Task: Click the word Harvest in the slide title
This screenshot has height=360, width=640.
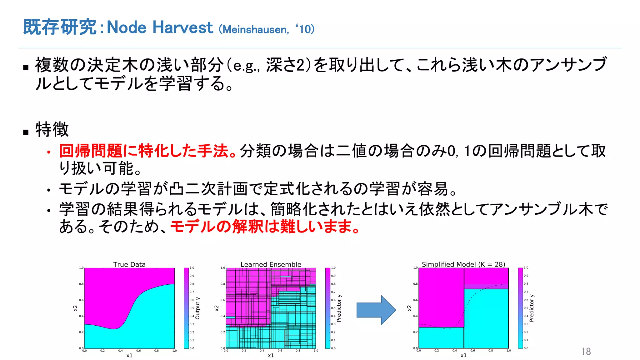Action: (x=182, y=27)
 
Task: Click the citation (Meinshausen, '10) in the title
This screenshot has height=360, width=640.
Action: (x=267, y=29)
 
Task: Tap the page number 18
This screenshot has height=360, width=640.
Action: (x=586, y=351)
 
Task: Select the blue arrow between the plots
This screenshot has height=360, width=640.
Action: (x=376, y=310)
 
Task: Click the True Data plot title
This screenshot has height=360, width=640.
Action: (x=129, y=264)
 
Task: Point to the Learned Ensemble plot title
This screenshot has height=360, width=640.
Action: (x=271, y=264)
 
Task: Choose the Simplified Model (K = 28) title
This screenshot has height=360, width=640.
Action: (x=463, y=264)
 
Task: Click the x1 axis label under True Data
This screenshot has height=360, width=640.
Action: (x=129, y=355)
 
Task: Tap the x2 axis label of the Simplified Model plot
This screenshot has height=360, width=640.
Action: (x=409, y=308)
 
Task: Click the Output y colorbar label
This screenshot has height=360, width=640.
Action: (x=197, y=308)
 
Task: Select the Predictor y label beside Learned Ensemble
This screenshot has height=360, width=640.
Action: (x=339, y=308)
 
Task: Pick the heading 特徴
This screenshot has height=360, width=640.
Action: (x=52, y=129)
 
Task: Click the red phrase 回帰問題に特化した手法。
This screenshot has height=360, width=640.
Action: (x=147, y=151)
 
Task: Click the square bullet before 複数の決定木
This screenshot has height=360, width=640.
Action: (x=26, y=67)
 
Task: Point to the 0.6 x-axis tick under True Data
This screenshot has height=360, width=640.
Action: (x=138, y=351)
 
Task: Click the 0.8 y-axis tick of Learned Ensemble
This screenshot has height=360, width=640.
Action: (x=222, y=284)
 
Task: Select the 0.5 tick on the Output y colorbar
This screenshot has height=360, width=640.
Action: (x=192, y=308)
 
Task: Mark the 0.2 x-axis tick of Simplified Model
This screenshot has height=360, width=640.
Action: (x=437, y=351)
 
